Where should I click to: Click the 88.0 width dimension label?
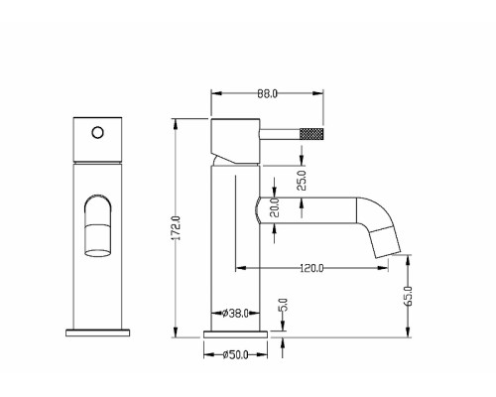click(x=267, y=94)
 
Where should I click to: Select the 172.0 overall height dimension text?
click(x=177, y=228)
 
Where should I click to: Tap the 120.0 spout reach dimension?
click(x=311, y=268)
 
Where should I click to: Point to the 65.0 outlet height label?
click(x=409, y=296)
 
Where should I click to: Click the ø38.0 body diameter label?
click(x=235, y=313)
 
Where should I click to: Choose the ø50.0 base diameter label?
click(x=235, y=355)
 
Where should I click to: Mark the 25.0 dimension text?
click(x=302, y=181)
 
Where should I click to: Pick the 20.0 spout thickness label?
click(x=275, y=207)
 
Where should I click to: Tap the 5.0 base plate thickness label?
click(x=284, y=305)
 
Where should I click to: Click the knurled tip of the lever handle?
click(x=311, y=133)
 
